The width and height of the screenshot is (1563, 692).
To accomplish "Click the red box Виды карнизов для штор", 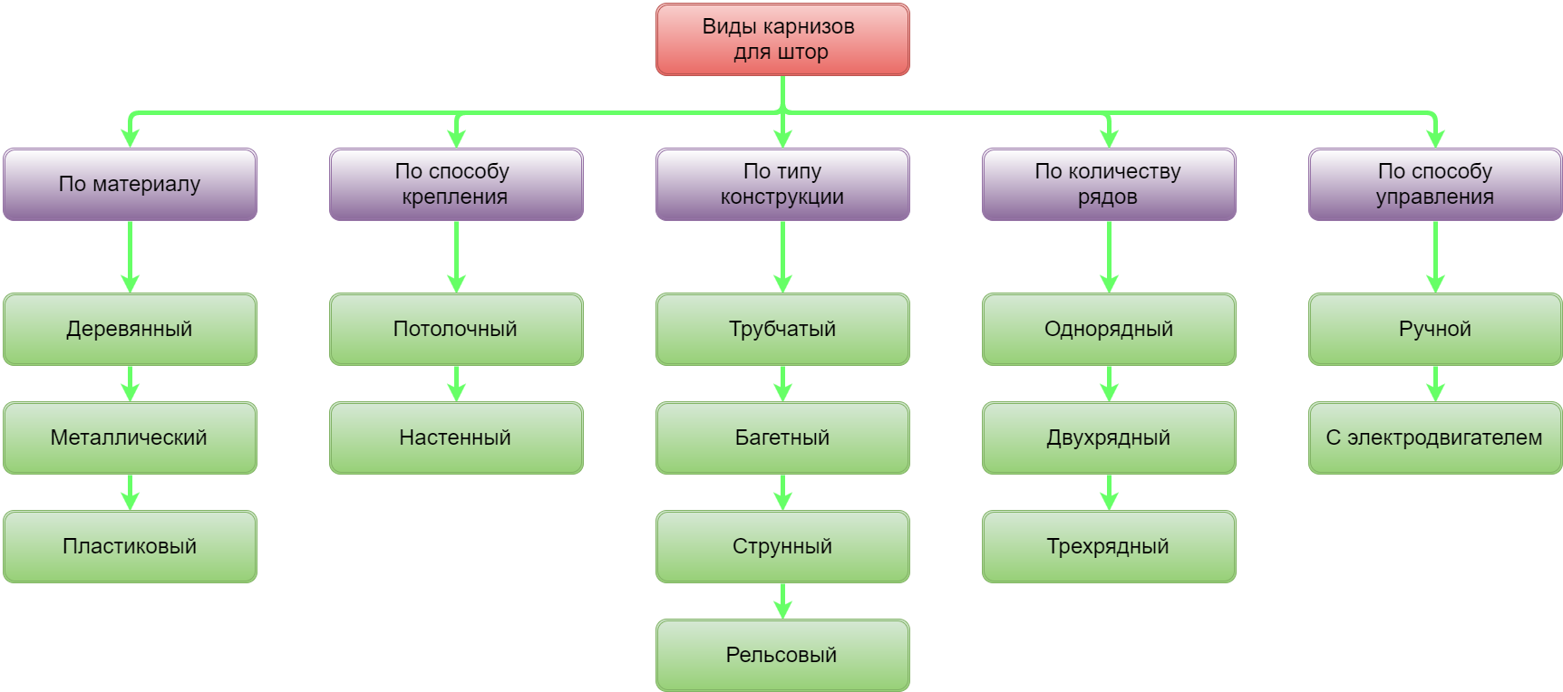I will (x=782, y=40).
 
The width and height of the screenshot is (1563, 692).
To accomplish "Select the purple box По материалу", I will (x=130, y=185).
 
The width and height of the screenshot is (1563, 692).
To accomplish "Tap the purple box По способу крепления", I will (x=456, y=185).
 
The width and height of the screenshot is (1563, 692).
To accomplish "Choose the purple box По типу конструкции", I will (x=782, y=185).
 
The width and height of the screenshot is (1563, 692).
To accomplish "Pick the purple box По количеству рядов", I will (x=1109, y=185).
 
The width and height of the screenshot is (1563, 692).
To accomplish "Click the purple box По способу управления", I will (x=1435, y=185).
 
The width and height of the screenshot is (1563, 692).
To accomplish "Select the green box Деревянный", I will (x=130, y=330).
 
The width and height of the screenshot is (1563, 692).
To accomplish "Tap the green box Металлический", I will (x=130, y=438).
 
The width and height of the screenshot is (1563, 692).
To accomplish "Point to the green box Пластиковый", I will (x=130, y=547).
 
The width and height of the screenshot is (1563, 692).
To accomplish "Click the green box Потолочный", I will (x=456, y=330).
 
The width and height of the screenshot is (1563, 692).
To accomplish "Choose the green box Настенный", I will (x=456, y=438).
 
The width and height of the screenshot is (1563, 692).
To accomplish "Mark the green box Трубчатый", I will (x=782, y=330).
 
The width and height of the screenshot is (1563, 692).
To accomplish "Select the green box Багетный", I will (x=782, y=438).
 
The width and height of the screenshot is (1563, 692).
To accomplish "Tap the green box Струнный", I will (x=782, y=547).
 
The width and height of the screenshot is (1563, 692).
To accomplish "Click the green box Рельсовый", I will (x=782, y=656).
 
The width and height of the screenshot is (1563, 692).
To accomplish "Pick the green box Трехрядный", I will (x=1109, y=547).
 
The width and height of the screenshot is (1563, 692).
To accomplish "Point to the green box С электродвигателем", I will (x=1435, y=438).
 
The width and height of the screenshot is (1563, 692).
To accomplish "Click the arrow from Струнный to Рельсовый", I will (x=783, y=601).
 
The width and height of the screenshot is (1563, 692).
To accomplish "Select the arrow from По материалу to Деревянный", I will (x=131, y=256).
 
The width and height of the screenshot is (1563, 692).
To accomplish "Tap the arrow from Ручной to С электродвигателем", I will (x=1436, y=383).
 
